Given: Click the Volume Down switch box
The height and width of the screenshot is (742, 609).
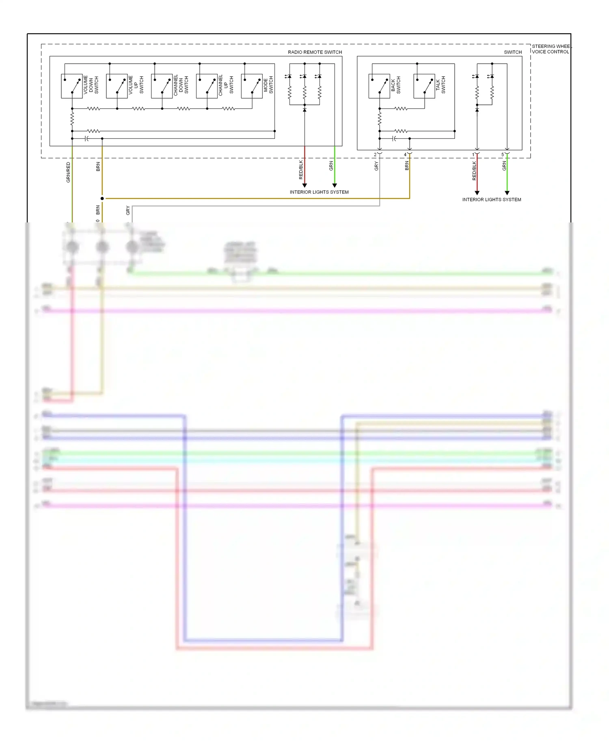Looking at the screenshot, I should [72, 86].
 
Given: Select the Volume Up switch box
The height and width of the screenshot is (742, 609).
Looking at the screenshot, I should [117, 86].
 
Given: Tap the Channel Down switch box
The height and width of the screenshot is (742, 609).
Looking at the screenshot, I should [162, 86].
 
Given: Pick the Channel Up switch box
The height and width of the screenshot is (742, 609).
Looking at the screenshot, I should [207, 86].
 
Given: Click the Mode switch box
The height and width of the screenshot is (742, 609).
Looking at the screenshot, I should [252, 86].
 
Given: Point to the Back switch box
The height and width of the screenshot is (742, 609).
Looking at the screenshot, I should [379, 86].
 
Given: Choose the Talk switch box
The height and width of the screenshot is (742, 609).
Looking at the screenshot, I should [424, 86].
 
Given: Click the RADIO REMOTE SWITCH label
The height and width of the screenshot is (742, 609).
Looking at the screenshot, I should [315, 52].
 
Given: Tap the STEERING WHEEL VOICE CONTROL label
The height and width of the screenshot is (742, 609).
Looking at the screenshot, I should [551, 49].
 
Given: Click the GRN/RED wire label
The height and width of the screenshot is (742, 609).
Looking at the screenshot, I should [68, 173].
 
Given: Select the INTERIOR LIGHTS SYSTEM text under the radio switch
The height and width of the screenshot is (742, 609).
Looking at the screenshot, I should [319, 192].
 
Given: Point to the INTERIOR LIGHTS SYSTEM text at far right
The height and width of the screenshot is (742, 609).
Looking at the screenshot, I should [492, 200].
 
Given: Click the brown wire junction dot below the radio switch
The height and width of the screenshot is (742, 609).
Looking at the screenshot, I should [102, 198].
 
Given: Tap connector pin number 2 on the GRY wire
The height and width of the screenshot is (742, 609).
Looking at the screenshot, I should [375, 155].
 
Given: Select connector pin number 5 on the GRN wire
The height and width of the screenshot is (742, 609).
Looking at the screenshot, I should [503, 155].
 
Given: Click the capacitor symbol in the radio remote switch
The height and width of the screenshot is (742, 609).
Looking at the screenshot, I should [86, 139].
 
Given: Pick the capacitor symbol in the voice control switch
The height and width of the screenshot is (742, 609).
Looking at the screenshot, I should [394, 139].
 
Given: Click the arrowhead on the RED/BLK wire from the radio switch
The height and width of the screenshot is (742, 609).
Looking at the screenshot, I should [304, 185].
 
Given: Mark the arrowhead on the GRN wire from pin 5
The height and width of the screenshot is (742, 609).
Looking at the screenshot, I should [507, 193].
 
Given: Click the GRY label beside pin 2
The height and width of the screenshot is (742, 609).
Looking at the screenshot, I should [376, 166].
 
